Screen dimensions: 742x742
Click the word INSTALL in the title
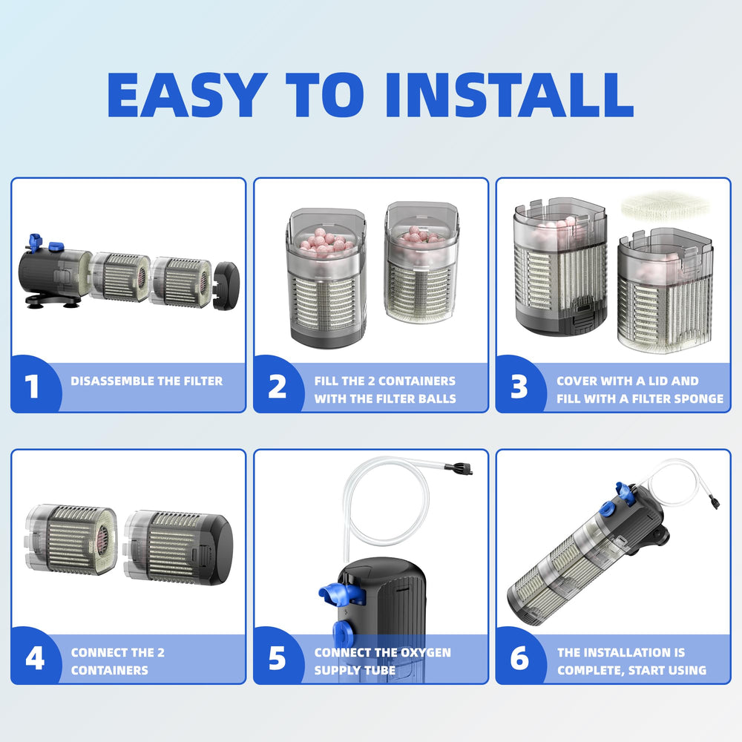click(x=510, y=95)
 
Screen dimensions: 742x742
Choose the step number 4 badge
click(x=35, y=657)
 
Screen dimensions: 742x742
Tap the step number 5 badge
click(x=277, y=657)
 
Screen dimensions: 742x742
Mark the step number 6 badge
click(x=519, y=657)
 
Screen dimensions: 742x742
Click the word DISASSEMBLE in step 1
click(x=113, y=381)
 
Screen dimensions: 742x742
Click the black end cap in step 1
click(x=226, y=286)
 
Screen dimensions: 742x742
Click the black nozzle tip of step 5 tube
click(x=462, y=468)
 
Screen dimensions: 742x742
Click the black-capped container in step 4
click(x=178, y=548)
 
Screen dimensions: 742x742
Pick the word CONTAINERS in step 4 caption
click(x=109, y=671)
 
